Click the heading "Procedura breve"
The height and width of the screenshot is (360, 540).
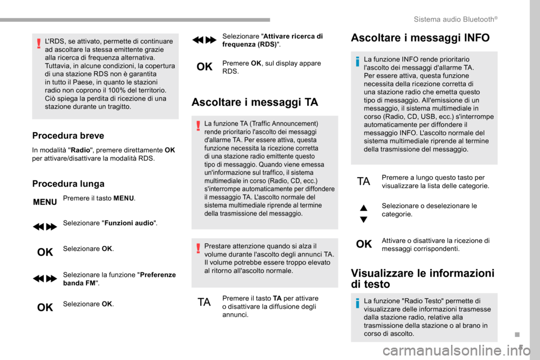coord(69,135)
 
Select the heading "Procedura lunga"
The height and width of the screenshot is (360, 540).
coord(68,183)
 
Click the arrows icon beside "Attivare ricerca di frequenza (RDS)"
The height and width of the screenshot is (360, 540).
coord(204,40)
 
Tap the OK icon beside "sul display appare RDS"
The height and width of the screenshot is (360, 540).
coord(204,67)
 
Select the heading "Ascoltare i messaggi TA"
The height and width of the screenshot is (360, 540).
coord(255,102)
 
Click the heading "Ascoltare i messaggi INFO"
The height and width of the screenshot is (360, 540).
coord(420,38)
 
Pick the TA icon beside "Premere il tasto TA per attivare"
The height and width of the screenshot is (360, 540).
coord(204,302)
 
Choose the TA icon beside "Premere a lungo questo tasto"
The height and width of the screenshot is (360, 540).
coord(363,182)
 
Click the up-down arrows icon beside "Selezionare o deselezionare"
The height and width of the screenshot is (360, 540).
coord(363,213)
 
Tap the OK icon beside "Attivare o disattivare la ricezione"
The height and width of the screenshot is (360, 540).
coord(363,244)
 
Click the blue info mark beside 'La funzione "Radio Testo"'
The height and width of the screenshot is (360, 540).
coord(358,304)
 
